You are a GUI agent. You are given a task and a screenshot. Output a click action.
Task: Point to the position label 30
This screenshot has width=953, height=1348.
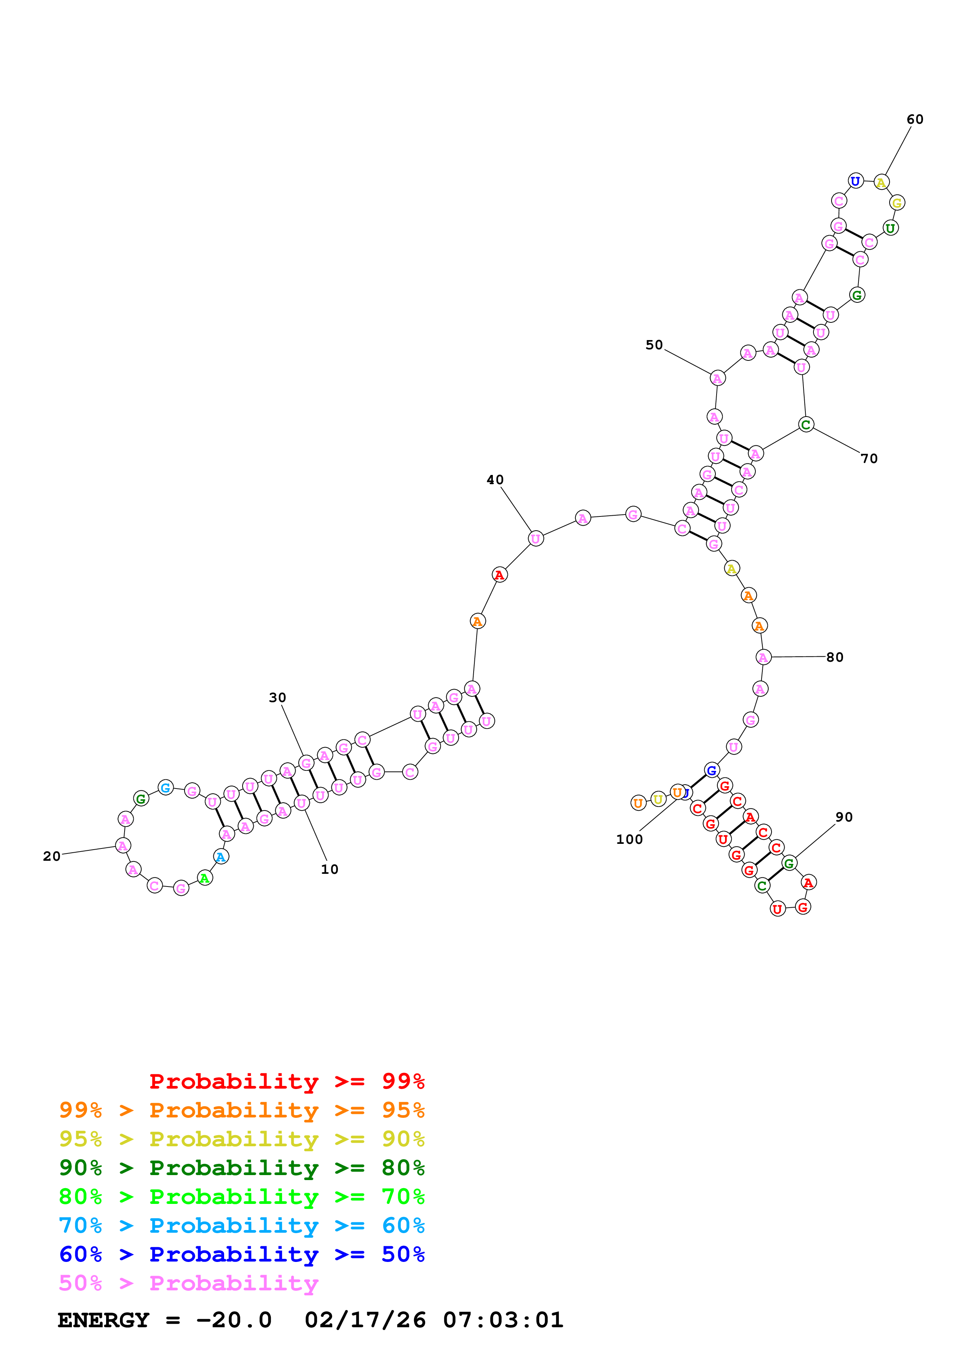tap(277, 697)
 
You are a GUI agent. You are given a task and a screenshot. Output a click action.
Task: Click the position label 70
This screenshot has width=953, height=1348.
tap(869, 458)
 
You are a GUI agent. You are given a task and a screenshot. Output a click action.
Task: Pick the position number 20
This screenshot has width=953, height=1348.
tap(52, 856)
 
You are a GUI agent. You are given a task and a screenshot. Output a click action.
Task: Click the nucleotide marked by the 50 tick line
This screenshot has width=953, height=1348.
tap(717, 378)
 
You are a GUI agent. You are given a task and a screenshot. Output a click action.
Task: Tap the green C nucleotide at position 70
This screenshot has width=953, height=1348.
tap(806, 425)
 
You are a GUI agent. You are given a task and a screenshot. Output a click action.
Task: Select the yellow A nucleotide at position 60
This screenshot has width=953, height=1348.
tap(881, 182)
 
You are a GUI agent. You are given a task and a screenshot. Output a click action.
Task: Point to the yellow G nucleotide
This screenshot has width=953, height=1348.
tap(896, 203)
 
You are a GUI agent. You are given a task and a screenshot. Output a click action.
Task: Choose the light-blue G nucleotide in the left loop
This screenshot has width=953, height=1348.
tap(166, 787)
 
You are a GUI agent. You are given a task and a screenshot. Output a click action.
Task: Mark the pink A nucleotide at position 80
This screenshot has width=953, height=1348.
tap(763, 657)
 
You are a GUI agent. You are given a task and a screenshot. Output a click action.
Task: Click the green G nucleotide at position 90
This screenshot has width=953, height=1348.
tap(789, 863)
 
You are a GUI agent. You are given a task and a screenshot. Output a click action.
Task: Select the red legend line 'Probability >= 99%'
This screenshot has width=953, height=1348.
tap(286, 1081)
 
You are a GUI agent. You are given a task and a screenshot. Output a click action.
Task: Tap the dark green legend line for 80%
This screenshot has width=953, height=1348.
tap(241, 1168)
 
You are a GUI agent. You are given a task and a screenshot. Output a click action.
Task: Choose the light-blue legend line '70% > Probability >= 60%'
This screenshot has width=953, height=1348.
tap(241, 1225)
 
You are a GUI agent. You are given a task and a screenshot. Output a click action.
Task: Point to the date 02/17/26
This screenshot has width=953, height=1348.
tap(365, 1320)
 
